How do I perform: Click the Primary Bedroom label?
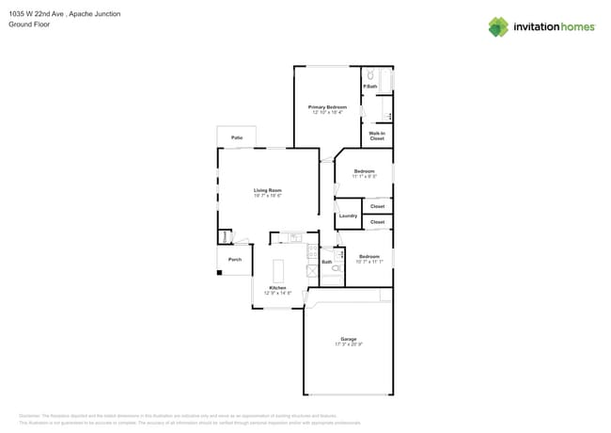tap(327, 107)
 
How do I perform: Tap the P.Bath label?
tap(369, 87)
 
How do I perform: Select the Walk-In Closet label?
tap(376, 136)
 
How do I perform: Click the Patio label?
tap(237, 138)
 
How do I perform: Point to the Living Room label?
tap(268, 190)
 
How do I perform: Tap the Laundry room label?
tap(347, 216)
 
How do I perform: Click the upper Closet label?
tap(377, 206)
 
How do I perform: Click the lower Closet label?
tap(377, 222)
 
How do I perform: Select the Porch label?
tap(235, 259)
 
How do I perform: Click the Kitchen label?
tap(277, 288)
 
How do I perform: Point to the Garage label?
tap(349, 339)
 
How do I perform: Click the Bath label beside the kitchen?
tap(326, 262)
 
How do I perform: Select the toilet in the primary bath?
tap(370, 74)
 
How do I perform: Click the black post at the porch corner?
tap(219, 273)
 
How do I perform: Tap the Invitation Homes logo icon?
tap(497, 26)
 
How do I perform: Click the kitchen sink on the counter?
tap(294, 237)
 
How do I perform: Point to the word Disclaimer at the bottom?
tap(30, 414)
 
